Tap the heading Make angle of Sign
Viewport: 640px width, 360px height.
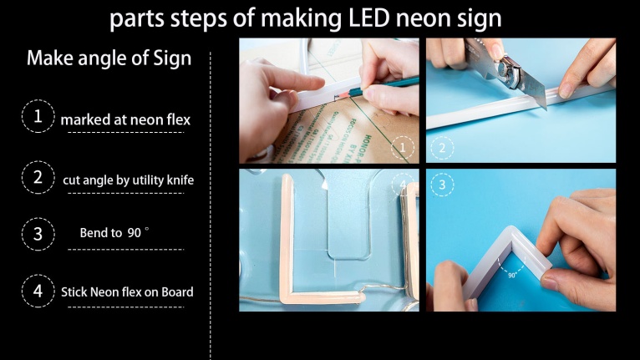109,58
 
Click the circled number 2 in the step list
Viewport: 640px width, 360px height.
38,177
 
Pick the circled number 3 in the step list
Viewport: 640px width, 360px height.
38,234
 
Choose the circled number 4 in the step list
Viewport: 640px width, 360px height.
38,291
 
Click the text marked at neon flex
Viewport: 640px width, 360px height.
125,119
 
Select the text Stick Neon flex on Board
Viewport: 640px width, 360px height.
127,292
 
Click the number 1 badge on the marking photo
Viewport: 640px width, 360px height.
403,149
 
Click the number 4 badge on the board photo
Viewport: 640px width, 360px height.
403,185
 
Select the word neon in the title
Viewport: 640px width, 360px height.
418,18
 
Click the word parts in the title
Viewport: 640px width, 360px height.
138,18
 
